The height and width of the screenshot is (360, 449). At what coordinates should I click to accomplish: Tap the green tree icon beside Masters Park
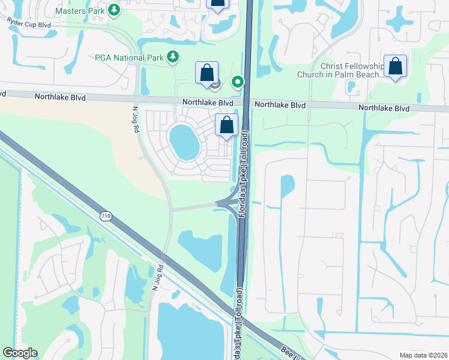click(x=113, y=10)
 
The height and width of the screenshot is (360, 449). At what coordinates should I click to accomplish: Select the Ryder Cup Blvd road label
click(x=29, y=23)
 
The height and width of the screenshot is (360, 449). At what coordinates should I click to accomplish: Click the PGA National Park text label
click(x=129, y=57)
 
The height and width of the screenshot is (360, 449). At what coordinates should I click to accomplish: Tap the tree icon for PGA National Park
click(x=173, y=57)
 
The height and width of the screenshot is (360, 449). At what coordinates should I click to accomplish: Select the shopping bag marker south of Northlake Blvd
click(x=227, y=125)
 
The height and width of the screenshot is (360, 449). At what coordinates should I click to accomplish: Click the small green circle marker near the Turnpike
click(x=238, y=82)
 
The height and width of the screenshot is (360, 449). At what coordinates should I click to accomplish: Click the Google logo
click(x=20, y=353)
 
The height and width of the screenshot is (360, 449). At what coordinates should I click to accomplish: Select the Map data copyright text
click(x=423, y=355)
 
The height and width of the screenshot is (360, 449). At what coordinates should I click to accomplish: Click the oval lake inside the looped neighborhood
click(x=184, y=142)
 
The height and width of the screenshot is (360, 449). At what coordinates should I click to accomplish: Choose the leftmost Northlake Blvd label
click(x=59, y=97)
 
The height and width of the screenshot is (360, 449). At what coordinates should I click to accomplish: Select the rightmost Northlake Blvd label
click(x=384, y=109)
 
